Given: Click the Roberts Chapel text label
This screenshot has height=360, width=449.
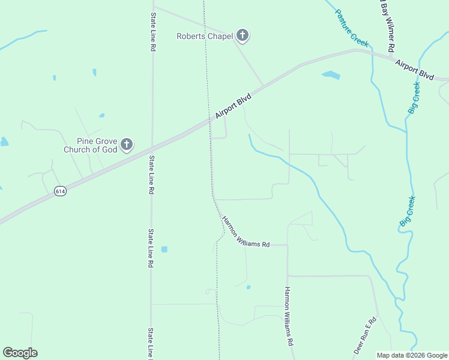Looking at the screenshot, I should click(204, 36).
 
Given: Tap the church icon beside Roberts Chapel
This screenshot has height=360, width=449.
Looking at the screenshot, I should click(243, 36).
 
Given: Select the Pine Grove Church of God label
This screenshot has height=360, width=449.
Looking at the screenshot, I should click(91, 145).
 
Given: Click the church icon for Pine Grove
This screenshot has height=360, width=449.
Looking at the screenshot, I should click(126, 145).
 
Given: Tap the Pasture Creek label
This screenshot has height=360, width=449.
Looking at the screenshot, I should click(351, 28).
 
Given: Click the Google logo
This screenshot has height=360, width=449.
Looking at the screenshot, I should click(20, 353).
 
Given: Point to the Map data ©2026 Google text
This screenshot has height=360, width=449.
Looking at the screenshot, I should click(412, 355).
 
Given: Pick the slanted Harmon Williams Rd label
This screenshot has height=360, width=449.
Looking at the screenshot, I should click(246, 232).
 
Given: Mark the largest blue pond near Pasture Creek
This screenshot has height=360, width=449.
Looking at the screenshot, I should click(331, 76).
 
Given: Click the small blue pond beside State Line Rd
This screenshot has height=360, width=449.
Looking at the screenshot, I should click(164, 249).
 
